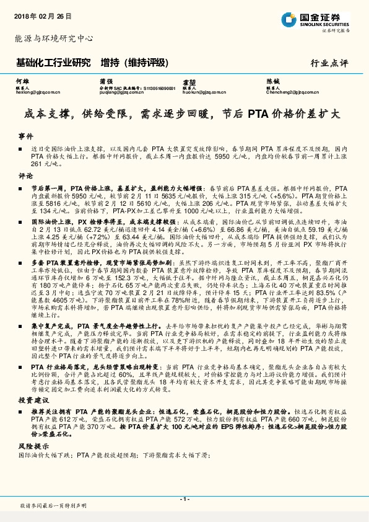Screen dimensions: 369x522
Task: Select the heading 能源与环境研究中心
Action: coord(54,38)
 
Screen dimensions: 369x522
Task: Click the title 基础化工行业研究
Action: coord(53,62)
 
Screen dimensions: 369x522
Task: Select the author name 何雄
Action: coord(23,81)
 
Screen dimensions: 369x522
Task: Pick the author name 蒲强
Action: coord(106,81)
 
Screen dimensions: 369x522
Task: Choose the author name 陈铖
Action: coord(273,81)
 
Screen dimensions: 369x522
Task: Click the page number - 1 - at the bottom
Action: coord(184,498)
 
